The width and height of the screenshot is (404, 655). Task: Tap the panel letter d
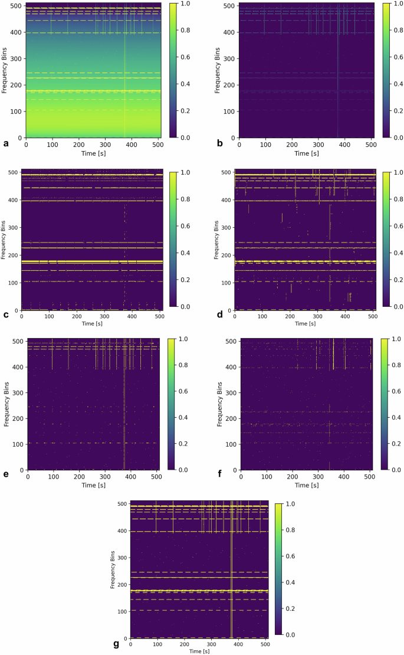(x=219, y=314)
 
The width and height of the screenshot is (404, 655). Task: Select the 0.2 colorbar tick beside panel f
(x=389, y=443)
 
